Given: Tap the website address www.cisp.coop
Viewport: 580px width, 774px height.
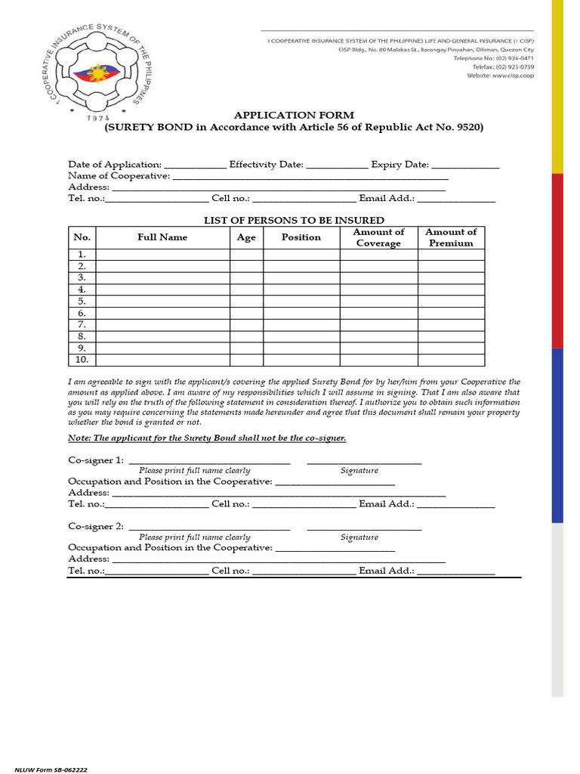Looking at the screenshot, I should coord(501,76).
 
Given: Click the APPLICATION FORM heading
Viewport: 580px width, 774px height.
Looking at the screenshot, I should coord(294,115).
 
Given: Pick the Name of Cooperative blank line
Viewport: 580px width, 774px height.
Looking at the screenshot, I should coord(310,178).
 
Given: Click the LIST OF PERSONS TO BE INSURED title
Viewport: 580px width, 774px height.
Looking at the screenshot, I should coord(294,220).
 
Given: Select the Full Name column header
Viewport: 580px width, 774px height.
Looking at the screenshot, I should coord(162,237).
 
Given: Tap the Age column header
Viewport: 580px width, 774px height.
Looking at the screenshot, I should coord(246,237).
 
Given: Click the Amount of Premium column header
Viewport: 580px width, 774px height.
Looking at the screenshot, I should coord(451,237).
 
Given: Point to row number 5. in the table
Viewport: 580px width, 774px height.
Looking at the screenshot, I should coord(82,301).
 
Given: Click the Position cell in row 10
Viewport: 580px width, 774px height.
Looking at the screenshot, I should coord(301,360).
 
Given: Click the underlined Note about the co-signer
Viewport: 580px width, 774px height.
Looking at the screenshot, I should coord(207,438).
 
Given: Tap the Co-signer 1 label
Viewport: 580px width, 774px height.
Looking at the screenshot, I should coord(96,460).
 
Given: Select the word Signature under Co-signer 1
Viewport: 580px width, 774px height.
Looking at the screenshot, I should coord(359,471).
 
